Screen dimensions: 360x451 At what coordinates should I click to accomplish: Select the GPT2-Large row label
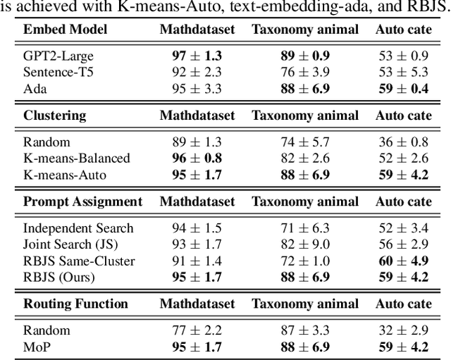(58, 55)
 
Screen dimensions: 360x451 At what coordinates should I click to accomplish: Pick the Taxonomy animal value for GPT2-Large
(305, 55)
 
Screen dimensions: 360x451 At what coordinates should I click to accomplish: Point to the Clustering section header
(55, 115)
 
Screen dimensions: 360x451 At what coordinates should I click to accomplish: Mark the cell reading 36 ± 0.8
(404, 141)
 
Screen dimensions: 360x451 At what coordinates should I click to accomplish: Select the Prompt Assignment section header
(82, 201)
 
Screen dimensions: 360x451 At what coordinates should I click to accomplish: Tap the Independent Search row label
(78, 228)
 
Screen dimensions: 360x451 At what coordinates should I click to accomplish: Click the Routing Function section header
(76, 304)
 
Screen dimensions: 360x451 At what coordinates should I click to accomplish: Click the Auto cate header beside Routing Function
(404, 304)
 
